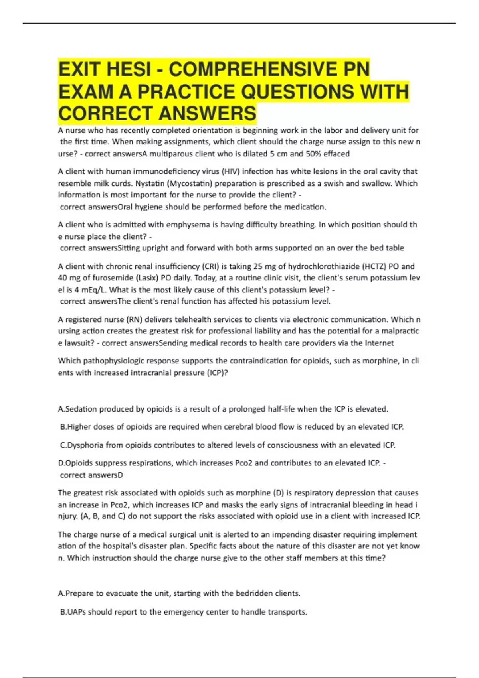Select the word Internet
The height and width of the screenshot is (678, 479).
(378, 343)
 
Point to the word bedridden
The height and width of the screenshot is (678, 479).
(247, 593)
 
